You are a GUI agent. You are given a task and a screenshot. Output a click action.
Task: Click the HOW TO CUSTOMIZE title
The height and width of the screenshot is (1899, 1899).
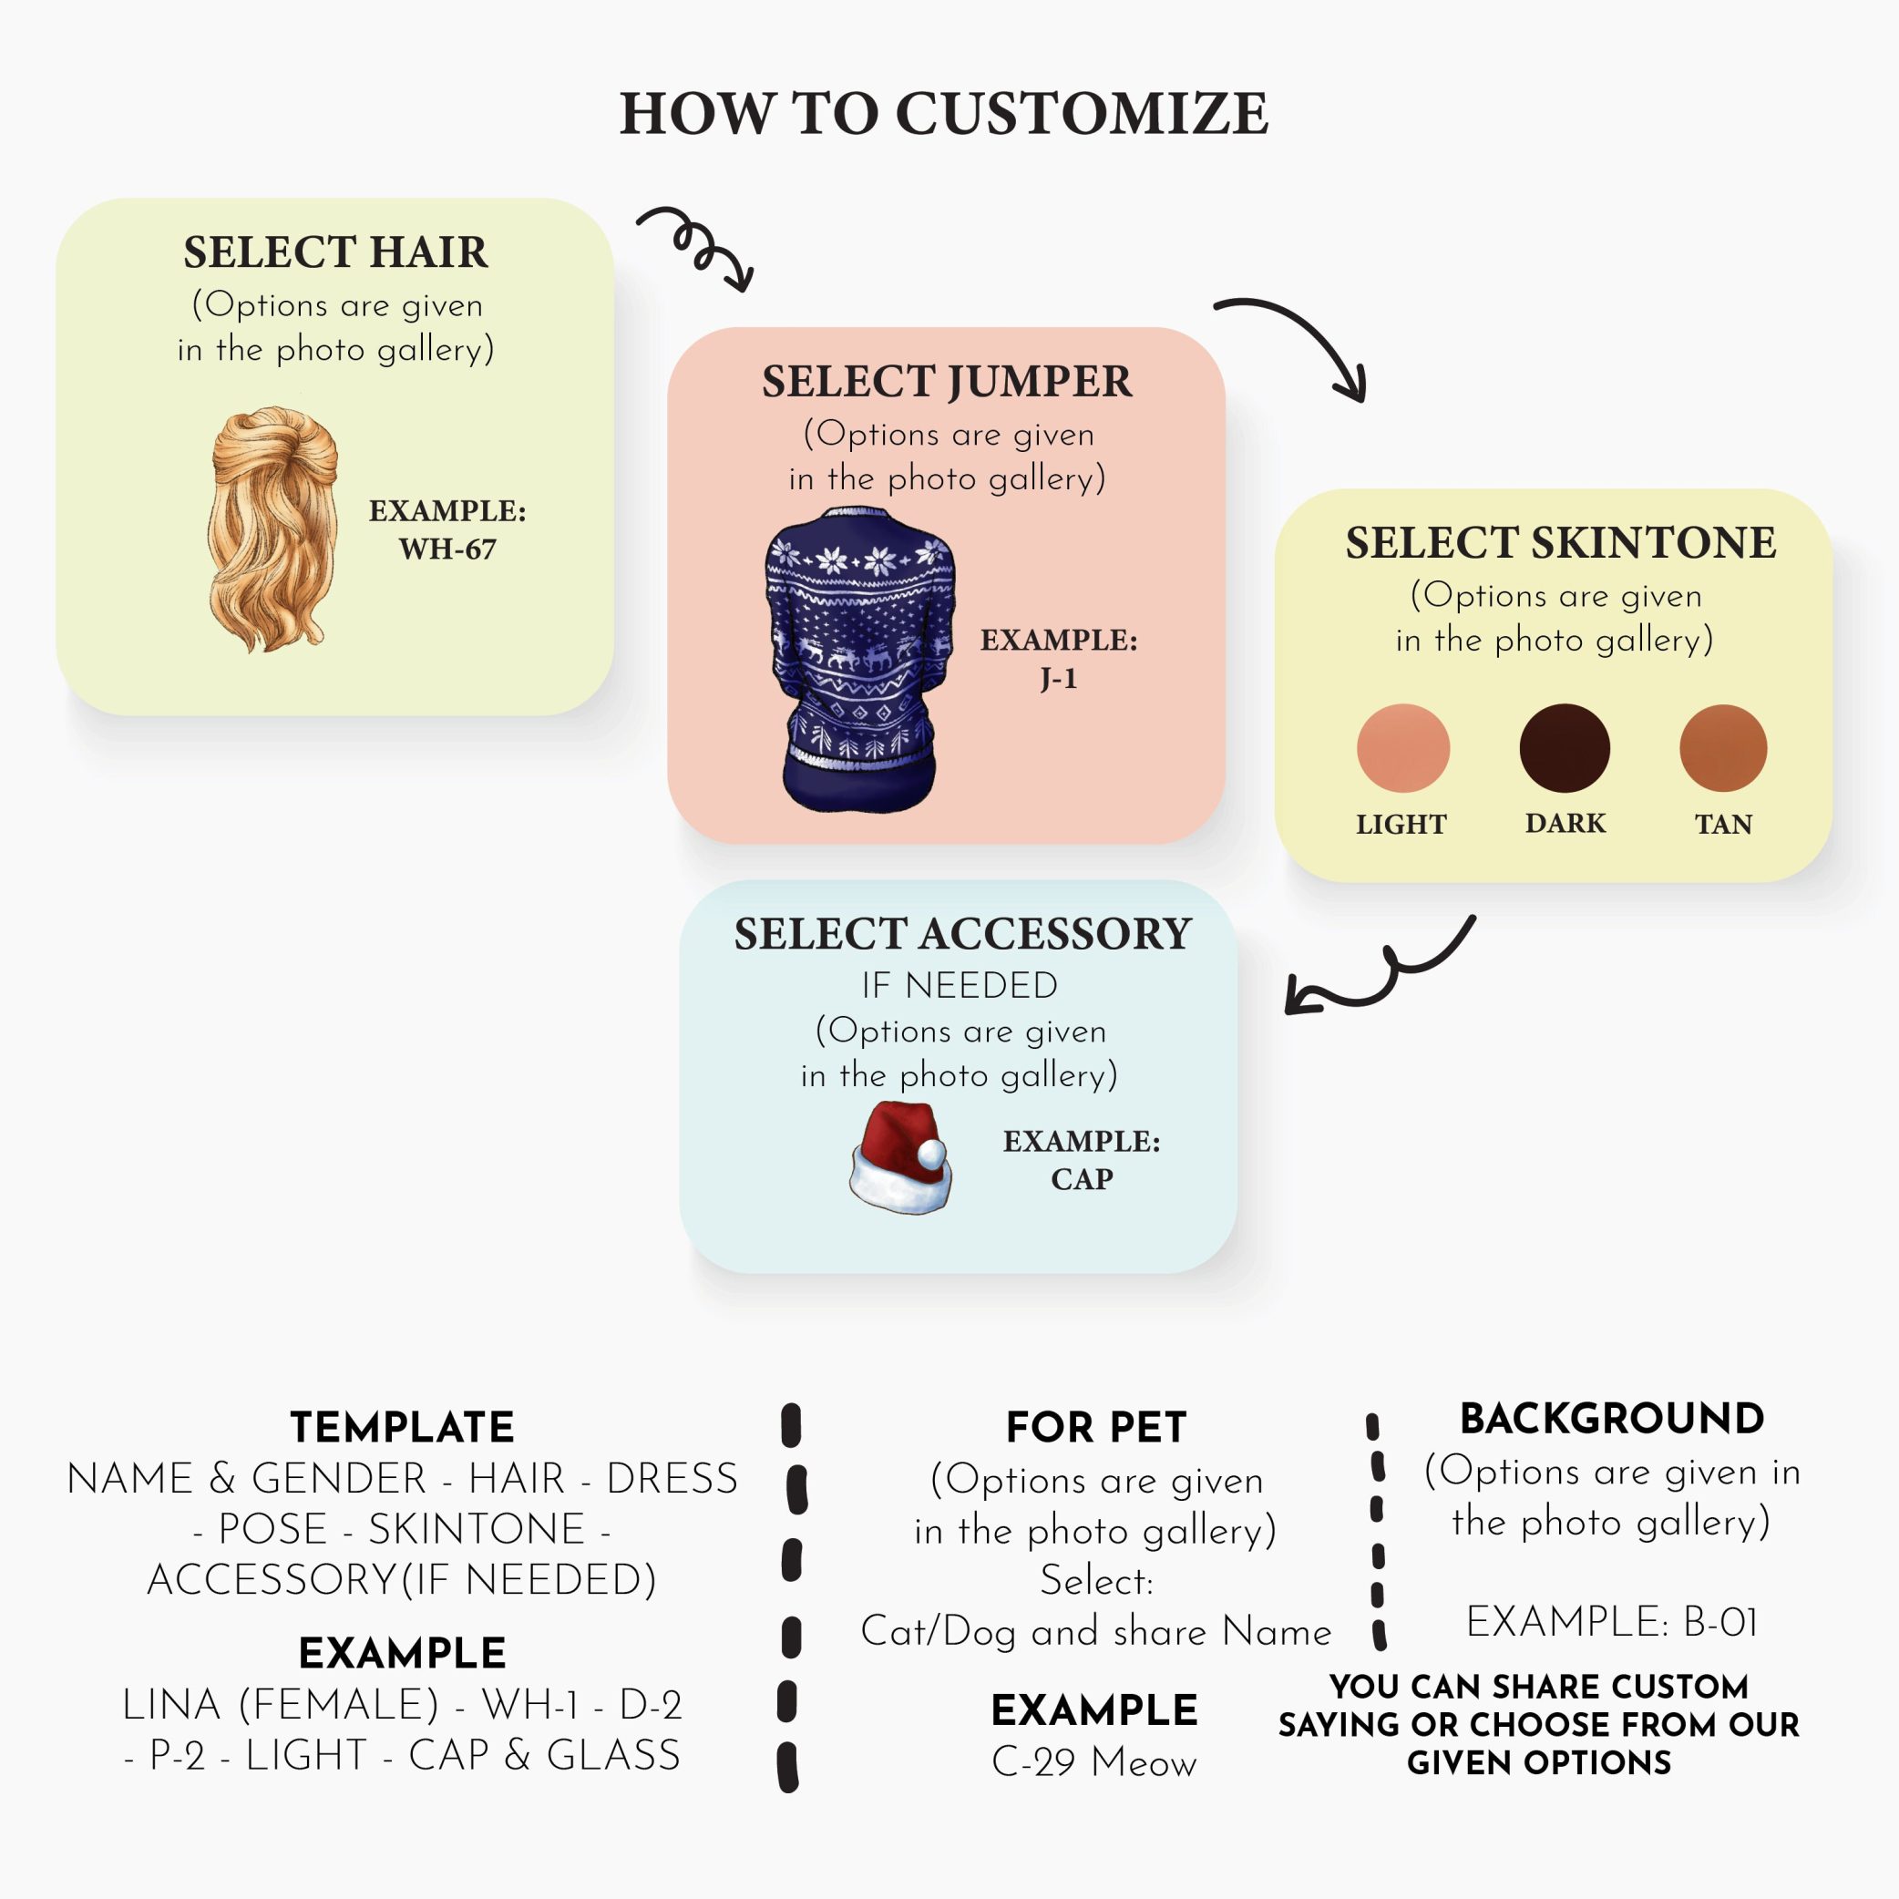[x=944, y=113]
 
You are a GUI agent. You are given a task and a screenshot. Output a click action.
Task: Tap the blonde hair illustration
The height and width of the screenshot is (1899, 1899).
[x=272, y=529]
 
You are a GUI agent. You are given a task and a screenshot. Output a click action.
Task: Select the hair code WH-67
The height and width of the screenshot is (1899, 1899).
[x=447, y=549]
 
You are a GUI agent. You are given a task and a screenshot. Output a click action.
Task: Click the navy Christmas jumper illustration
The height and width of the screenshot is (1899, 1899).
[x=858, y=659]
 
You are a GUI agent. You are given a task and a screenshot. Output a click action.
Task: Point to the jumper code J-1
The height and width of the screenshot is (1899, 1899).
[x=1059, y=678]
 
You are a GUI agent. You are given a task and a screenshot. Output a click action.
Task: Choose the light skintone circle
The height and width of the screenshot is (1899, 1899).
[x=1402, y=748]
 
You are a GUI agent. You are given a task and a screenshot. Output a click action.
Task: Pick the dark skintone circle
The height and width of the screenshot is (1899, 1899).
[x=1564, y=748]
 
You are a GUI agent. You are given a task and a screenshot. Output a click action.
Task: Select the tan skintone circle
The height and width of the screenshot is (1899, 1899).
[x=1723, y=748]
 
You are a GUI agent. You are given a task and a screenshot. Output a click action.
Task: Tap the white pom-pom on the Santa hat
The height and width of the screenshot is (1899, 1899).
[x=929, y=1160]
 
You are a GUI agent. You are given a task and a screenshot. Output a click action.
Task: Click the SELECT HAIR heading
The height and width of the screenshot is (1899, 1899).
[x=335, y=252]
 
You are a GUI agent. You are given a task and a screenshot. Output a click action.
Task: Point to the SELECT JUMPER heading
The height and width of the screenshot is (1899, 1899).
[x=947, y=382]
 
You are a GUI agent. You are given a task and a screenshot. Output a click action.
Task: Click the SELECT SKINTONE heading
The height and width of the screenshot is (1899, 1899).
[x=1560, y=542]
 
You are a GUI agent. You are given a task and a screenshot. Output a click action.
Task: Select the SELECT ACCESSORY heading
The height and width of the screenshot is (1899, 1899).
[x=962, y=934]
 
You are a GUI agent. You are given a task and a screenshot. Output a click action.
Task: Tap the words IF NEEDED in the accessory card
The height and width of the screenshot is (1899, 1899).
[x=960, y=985]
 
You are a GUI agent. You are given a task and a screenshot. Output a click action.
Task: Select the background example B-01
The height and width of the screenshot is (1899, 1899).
[x=1720, y=1622]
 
